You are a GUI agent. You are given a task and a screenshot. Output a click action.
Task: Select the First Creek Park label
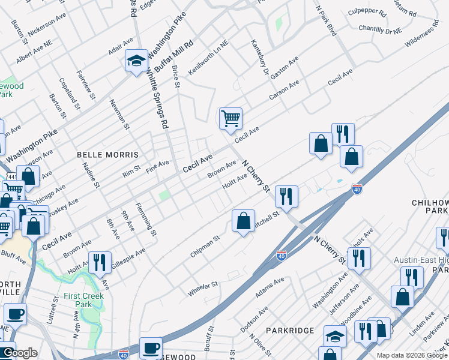(x=85, y=300)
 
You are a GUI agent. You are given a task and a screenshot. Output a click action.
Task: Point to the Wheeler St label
(x=202, y=287)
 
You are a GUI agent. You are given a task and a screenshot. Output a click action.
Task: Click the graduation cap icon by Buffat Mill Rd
(x=136, y=60)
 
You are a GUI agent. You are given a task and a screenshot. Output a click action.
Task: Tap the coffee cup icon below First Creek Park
(x=15, y=313)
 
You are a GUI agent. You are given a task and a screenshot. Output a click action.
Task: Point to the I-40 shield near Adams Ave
(x=280, y=256)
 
